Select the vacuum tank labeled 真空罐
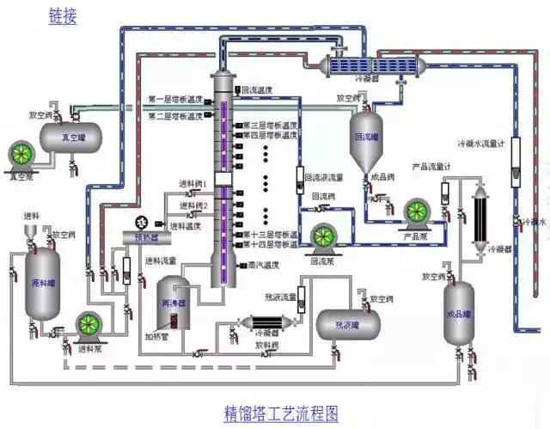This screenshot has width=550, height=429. tap(68, 135)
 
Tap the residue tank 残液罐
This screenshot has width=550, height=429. tap(347, 324)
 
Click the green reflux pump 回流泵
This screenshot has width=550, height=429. tap(325, 237)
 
